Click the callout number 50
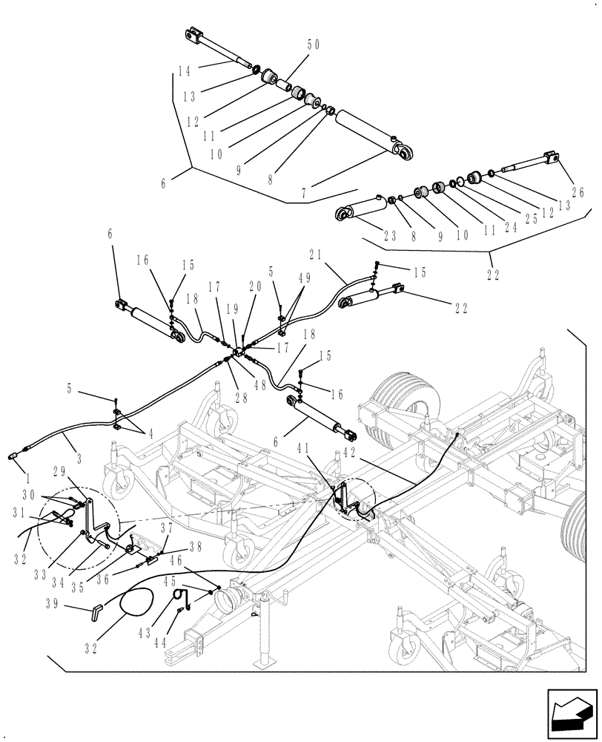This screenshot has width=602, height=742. [313, 45]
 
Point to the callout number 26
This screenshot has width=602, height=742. [578, 193]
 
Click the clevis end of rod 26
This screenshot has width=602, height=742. [551, 157]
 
